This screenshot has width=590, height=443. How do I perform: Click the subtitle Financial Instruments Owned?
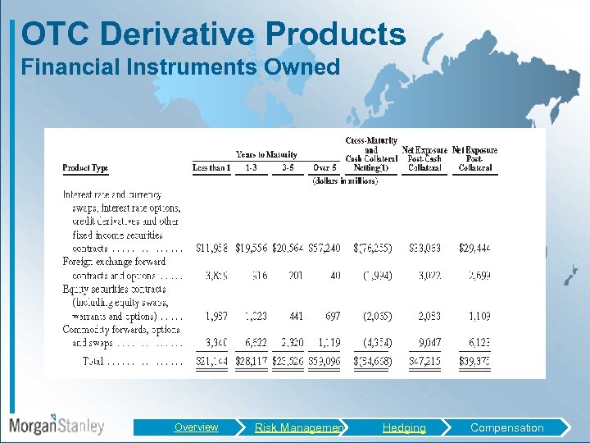[180, 67]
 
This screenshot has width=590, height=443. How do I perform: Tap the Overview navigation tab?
[196, 427]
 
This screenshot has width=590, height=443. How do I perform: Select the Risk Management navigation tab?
[299, 427]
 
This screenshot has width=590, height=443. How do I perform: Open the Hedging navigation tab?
[404, 427]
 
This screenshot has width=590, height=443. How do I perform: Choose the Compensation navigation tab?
[506, 427]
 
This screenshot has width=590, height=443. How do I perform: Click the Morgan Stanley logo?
[57, 425]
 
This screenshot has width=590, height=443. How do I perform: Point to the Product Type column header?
[85, 168]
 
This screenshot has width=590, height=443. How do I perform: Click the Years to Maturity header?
[266, 154]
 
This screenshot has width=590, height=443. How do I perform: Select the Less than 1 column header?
[211, 168]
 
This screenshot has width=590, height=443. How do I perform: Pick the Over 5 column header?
[324, 168]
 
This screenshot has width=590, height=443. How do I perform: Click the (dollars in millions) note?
[345, 180]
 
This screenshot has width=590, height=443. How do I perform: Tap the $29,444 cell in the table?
[474, 248]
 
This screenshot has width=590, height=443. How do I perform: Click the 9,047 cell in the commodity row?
[429, 343]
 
